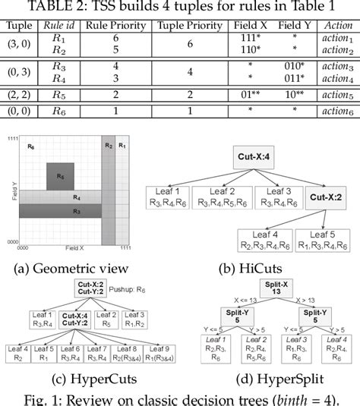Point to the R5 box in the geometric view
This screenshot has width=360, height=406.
click(61, 175)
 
